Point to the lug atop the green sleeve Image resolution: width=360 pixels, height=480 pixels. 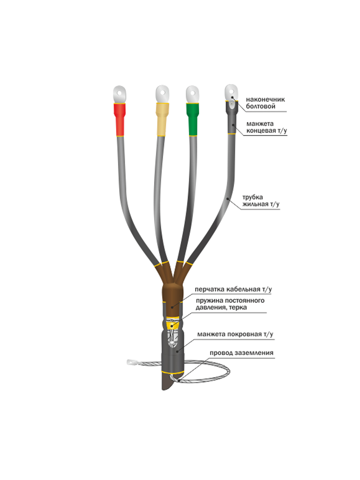(193, 94)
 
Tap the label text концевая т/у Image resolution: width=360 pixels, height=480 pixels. (266, 131)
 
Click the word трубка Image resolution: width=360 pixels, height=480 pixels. (252, 197)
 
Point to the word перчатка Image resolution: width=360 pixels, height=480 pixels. (209, 289)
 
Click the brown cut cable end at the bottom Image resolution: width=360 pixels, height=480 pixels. (166, 382)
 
